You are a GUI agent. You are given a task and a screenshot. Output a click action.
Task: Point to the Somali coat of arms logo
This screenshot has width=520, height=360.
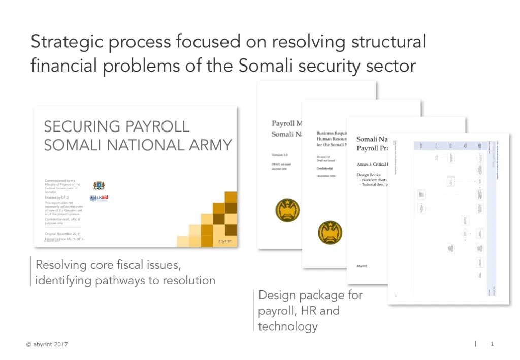click(x=99, y=185)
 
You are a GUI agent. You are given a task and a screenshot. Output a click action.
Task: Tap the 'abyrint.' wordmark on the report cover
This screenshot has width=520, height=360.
click(x=225, y=241)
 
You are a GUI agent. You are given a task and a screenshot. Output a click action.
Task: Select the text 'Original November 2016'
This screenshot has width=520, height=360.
click(x=62, y=234)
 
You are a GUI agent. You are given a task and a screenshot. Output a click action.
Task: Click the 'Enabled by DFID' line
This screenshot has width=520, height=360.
click(x=56, y=197)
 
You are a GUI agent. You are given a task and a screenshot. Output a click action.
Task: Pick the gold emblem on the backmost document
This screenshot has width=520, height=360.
click(x=287, y=210)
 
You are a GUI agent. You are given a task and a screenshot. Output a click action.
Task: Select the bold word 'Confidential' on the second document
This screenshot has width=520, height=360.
click(x=326, y=168)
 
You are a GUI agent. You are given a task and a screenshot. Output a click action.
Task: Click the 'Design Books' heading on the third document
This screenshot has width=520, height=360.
click(x=369, y=175)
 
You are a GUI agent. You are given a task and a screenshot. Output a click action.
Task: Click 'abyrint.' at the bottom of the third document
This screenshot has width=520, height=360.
click(x=362, y=266)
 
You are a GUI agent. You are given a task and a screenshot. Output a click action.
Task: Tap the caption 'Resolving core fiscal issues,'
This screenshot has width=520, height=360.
click(x=108, y=265)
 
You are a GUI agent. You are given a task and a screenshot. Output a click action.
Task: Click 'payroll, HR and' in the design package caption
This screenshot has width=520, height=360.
click(x=299, y=310)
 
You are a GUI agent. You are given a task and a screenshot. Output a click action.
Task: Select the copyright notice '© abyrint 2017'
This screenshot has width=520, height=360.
click(x=47, y=344)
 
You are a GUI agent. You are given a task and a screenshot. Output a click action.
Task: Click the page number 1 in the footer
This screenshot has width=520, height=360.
click(x=492, y=344)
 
